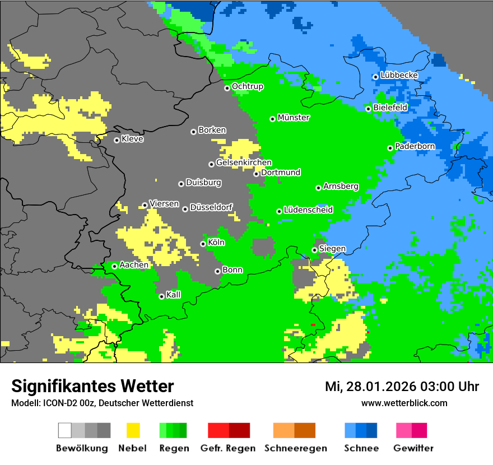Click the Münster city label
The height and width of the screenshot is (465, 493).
[294, 118]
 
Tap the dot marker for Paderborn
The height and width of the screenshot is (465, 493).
[390, 148]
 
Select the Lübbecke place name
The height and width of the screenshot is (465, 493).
[399, 75]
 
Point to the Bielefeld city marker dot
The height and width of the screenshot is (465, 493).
[369, 109]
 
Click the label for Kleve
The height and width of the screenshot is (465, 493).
[132, 139]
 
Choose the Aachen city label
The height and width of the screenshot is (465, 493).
[134, 265]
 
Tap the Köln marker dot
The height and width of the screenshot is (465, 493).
[203, 244]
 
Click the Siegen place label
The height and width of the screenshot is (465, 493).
[332, 249]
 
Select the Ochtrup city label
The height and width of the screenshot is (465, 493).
[247, 87]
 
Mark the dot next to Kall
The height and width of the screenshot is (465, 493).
[162, 296]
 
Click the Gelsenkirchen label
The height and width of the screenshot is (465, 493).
[244, 163]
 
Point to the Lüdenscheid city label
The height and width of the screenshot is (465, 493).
[308, 210]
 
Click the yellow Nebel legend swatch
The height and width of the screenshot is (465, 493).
[133, 430]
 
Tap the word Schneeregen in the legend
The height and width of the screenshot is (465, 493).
[295, 448]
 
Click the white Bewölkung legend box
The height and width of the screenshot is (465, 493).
[65, 430]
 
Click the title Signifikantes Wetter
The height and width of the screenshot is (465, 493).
[92, 386]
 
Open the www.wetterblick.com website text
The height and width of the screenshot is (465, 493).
[404, 403]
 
